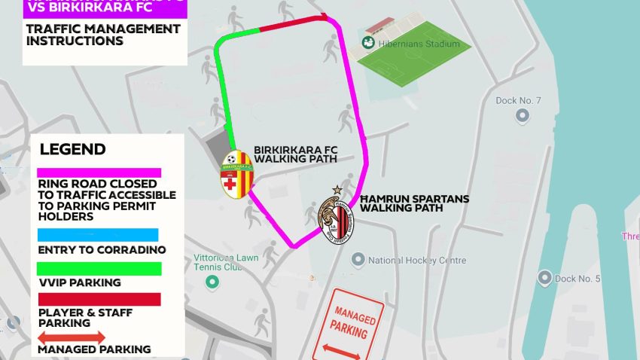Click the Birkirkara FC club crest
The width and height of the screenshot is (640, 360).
tap(237, 175)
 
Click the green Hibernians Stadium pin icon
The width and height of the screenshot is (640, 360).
tap(368, 43)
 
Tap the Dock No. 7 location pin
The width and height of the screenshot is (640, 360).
tap(522, 115)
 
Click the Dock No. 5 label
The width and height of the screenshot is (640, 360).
tap(578, 279)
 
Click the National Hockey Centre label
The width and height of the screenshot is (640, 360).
tap(416, 261)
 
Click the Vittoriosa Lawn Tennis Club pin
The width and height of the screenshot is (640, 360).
tap(213, 283)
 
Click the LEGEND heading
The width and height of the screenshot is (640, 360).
tap(72, 149)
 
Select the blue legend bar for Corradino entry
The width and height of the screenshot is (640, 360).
tap(98, 235)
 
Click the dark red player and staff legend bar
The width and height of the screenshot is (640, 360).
tap(99, 300)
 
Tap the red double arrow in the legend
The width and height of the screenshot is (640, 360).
tap(71, 338)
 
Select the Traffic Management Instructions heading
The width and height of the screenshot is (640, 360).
tap(102, 35)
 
